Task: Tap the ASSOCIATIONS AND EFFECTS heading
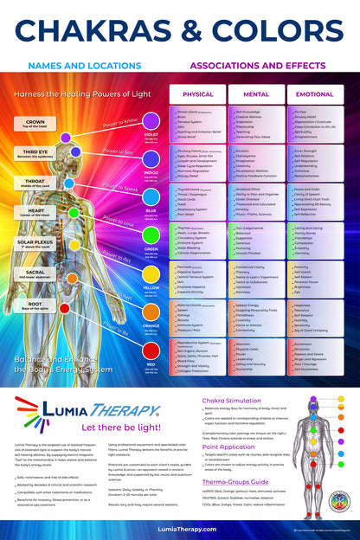pos(255,65)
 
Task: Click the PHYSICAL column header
pos(198,93)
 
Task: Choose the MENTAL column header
pos(254,93)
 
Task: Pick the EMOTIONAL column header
pos(315,93)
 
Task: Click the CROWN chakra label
pos(35,123)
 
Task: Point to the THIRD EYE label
pos(35,153)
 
